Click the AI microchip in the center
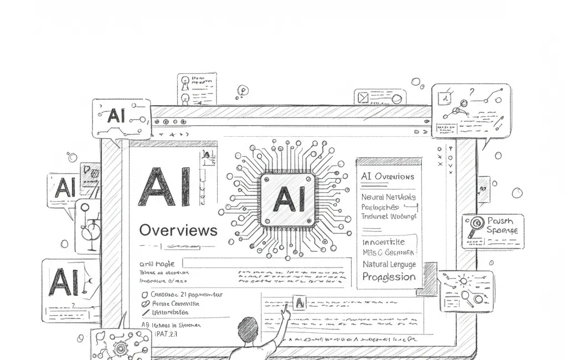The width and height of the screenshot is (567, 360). click(287, 199)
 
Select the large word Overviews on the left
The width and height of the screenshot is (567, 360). click(178, 230)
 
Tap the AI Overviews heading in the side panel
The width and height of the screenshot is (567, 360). click(387, 177)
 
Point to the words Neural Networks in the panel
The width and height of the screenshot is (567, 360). click(388, 197)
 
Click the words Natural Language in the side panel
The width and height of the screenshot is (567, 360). click(389, 264)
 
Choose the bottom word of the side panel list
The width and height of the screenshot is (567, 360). click(389, 276)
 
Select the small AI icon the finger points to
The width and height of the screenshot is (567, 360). click(299, 302)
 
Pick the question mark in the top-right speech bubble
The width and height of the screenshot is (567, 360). click(472, 92)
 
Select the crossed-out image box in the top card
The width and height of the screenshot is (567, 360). click(363, 98)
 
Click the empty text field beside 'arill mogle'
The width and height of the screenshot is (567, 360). click(266, 263)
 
